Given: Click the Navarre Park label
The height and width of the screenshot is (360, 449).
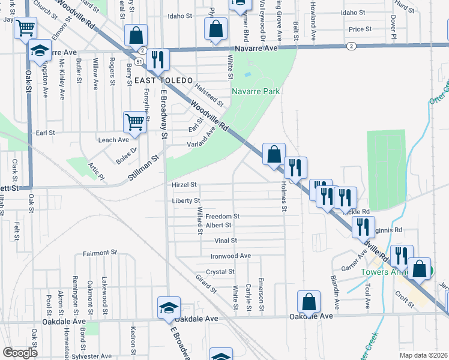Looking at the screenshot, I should [256, 91].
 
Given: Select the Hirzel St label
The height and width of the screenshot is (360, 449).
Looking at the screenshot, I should [184, 185].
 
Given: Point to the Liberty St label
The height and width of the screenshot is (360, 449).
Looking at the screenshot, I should [185, 200].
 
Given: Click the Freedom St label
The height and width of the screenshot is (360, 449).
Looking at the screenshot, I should [222, 216].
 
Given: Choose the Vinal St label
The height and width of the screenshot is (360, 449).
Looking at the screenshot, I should [226, 241].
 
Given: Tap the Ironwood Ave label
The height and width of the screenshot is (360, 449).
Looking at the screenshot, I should [231, 256].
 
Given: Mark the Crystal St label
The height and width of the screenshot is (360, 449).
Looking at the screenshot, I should [220, 271].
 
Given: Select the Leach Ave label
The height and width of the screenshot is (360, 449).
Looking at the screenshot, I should [113, 140].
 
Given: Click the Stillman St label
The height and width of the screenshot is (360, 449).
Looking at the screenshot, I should [145, 167].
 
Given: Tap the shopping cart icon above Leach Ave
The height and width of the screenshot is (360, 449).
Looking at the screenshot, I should [135, 122].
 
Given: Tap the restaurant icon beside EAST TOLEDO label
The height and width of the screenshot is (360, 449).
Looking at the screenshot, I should [159, 59].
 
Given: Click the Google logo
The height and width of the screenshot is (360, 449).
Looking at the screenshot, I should [20, 353].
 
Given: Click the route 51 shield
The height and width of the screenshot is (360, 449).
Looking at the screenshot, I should [139, 61].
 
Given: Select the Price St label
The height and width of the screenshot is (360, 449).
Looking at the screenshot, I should [360, 29].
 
